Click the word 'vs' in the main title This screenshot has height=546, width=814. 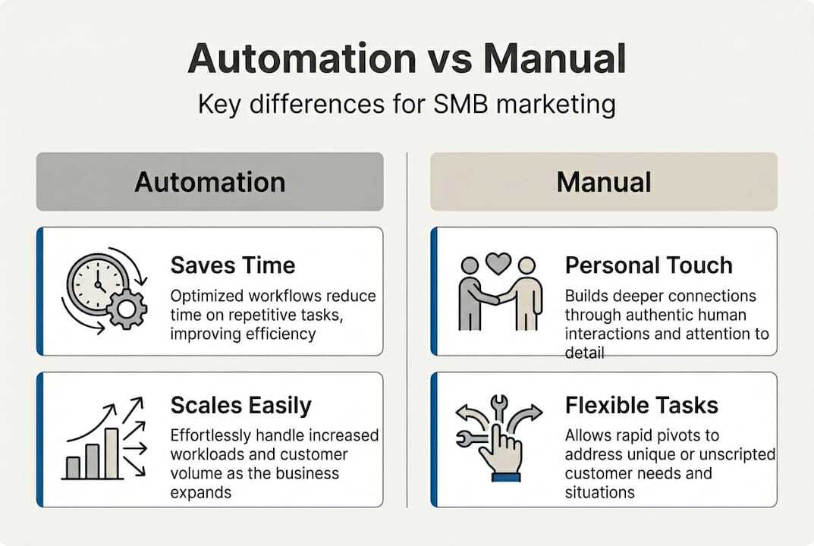[x=450, y=58]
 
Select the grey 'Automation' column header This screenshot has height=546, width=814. [x=209, y=182]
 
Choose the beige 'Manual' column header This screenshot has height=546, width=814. [x=603, y=182]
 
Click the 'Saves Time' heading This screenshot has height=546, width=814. [x=232, y=265]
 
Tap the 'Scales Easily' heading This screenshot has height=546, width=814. [x=240, y=405]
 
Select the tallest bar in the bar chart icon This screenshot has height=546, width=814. [x=112, y=453]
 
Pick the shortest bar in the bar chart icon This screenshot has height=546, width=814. [x=73, y=466]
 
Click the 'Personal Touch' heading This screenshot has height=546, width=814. [x=649, y=265]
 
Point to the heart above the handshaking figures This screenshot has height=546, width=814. [x=498, y=263]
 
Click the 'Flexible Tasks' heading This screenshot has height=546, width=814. [x=641, y=405]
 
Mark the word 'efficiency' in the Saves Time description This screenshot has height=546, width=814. [x=277, y=333]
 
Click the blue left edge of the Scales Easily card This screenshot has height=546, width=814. [x=39, y=439]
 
